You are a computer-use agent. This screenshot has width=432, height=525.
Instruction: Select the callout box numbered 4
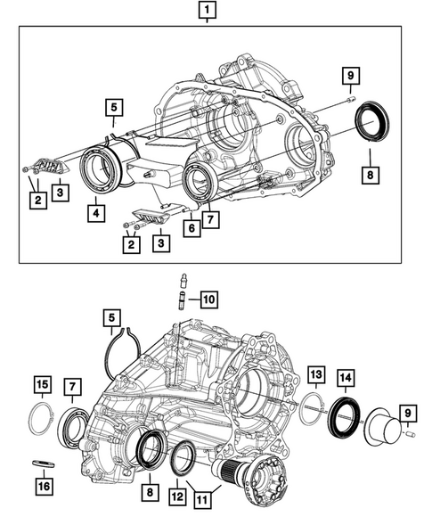(94, 212)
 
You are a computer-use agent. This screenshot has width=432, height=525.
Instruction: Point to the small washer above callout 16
(40, 463)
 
